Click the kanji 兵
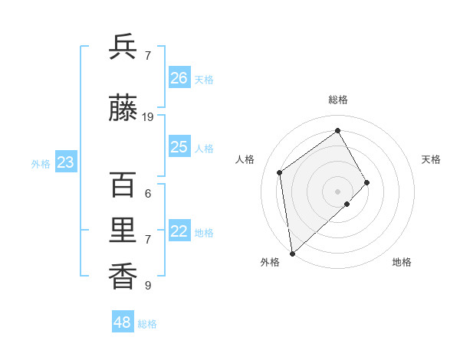click(x=123, y=47)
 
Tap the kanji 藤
click(x=123, y=110)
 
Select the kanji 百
click(x=123, y=185)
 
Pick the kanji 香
click(x=123, y=277)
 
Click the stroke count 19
click(x=148, y=117)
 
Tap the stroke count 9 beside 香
click(x=148, y=286)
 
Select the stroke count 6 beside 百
click(x=148, y=194)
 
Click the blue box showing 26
click(x=179, y=78)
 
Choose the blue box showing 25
click(x=179, y=147)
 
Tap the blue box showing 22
click(x=179, y=231)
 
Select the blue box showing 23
click(x=65, y=162)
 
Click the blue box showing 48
click(x=123, y=322)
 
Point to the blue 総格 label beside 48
click(x=147, y=324)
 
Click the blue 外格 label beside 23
click(x=41, y=164)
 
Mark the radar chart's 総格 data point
click(x=337, y=130)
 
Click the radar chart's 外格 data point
click(x=292, y=253)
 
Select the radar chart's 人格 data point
click(x=280, y=172)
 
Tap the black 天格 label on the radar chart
click(x=431, y=159)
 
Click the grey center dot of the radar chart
click(x=337, y=191)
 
